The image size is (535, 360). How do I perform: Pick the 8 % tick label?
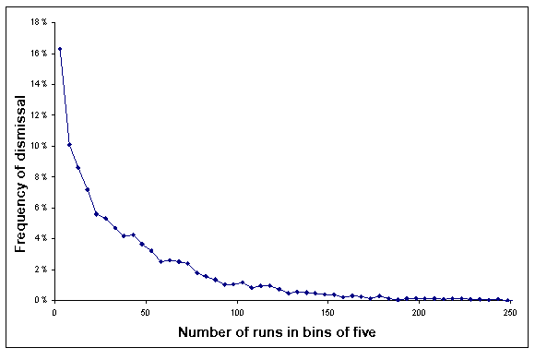pyautogui.click(x=40, y=176)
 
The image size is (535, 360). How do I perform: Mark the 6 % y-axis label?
pyautogui.click(x=40, y=208)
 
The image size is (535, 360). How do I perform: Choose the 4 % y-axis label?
pyautogui.click(x=40, y=238)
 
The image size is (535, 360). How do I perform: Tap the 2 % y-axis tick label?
pyautogui.click(x=40, y=269)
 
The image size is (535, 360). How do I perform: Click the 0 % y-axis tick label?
pyautogui.click(x=40, y=300)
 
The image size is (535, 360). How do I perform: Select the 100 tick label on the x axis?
pyautogui.click(x=238, y=313)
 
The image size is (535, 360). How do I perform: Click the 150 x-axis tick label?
pyautogui.click(x=328, y=313)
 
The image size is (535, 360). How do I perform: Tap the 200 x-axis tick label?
pyautogui.click(x=419, y=313)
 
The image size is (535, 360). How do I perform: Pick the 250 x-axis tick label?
pyautogui.click(x=508, y=313)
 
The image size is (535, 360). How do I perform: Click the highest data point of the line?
pyautogui.click(x=60, y=49)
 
